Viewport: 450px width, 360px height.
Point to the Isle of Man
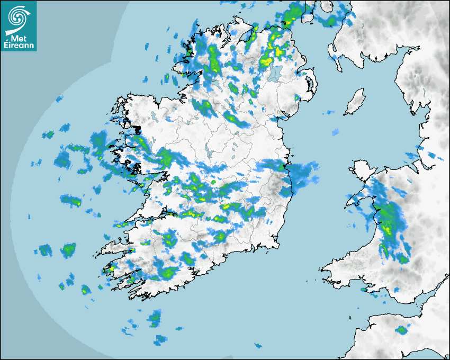tap(355, 102)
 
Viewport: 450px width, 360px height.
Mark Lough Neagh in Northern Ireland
tap(274, 73)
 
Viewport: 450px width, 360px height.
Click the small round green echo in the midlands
tap(213, 182)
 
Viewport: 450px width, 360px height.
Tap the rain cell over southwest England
tap(401, 330)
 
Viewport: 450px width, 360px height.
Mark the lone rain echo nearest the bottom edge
tap(258, 346)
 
